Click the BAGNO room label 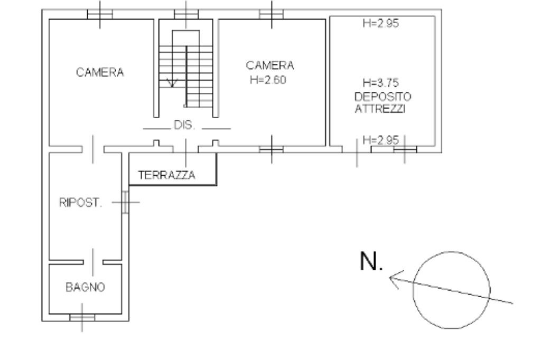click(85, 287)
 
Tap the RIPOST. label click(81, 202)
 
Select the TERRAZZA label click(166, 175)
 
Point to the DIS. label click(184, 125)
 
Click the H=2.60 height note click(268, 80)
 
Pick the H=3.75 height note click(381, 83)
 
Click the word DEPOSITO click(383, 96)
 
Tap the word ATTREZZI click(380, 109)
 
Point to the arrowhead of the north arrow click(390, 278)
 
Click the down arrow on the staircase click(172, 83)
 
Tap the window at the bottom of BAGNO click(82, 317)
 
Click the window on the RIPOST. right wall click(125, 202)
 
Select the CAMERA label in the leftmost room click(100, 72)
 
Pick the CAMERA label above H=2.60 click(270, 65)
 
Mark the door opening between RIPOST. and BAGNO click(93, 262)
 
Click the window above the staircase click(186, 14)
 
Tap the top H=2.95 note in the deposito click(381, 23)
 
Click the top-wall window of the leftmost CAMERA click(100, 14)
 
